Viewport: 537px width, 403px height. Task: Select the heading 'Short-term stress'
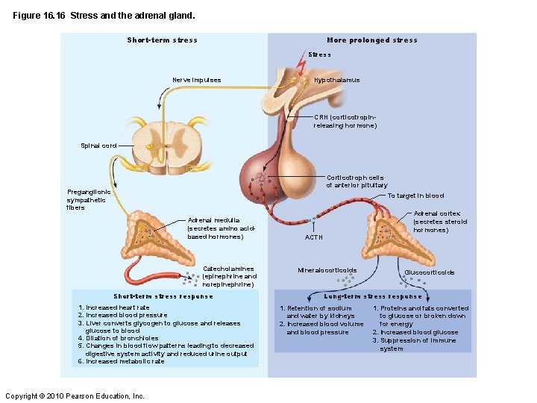[162, 40]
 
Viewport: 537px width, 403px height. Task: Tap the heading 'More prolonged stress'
[371, 40]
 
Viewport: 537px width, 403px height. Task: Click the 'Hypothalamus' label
[336, 80]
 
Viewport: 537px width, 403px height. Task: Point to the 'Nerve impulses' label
[196, 80]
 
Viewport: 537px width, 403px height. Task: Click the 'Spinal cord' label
[98, 146]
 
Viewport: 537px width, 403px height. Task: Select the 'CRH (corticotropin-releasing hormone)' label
[345, 122]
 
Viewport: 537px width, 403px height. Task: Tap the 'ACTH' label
[314, 237]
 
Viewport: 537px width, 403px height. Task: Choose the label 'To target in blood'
[415, 196]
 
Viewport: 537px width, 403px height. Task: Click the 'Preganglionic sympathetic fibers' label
[88, 200]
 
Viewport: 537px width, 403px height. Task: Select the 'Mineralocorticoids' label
[327, 270]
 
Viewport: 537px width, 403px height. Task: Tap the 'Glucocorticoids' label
[429, 272]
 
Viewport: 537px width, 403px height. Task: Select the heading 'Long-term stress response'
[373, 296]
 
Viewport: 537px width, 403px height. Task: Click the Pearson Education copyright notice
[75, 396]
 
